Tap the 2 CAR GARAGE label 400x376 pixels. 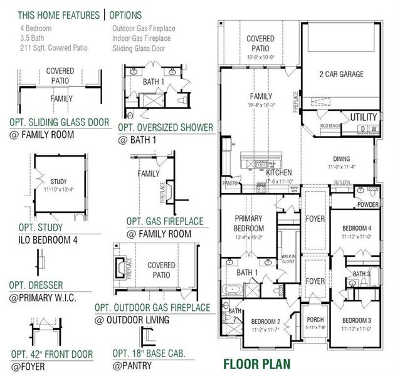[342, 75]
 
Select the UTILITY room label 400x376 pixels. [364, 117]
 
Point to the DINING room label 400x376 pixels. [342, 160]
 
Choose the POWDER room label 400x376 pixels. [367, 204]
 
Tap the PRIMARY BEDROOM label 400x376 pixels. [249, 223]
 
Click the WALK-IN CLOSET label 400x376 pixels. [288, 258]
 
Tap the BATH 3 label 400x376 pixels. [361, 274]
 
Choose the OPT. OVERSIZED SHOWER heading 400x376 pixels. [166, 128]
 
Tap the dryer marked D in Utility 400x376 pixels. [361, 129]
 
